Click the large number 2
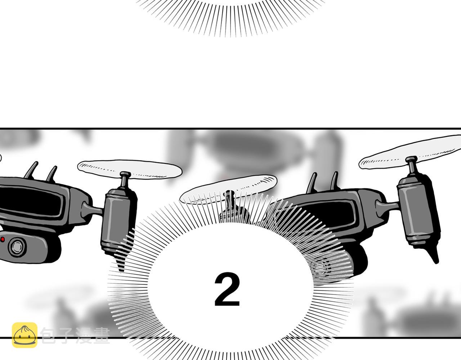[x=227, y=289]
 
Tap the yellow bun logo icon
[x=24, y=335]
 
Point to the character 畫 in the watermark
[x=102, y=336]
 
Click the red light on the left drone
[x=3, y=239]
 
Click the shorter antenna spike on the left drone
[x=52, y=174]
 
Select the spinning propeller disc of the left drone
[x=130, y=169]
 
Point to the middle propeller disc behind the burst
[x=228, y=189]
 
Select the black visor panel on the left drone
[x=32, y=201]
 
